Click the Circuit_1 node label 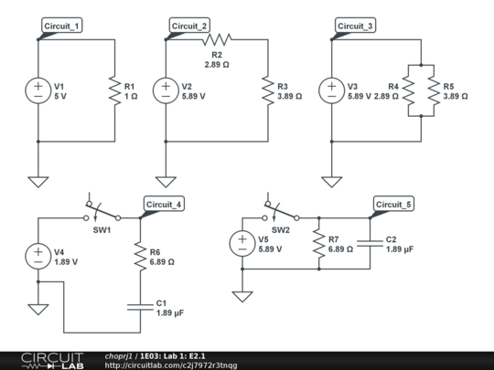coord(62,26)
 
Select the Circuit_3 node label coord(355,26)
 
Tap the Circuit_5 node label coord(393,205)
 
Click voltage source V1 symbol coord(38,90)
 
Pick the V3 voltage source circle coord(331,90)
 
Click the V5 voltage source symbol coord(242,244)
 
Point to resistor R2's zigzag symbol coord(217,39)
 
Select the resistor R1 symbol coord(115,90)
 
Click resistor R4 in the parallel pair coord(408,90)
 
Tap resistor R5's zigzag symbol coord(434,90)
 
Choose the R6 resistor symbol coord(141,256)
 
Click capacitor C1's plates coord(141,307)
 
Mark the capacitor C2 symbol coord(370,244)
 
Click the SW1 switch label coord(102,230)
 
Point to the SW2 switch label coord(281,230)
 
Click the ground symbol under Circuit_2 coord(166,182)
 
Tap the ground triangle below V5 coord(242,297)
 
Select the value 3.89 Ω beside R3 coord(289,96)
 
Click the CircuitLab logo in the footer coord(52,361)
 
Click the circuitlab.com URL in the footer coord(171,365)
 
